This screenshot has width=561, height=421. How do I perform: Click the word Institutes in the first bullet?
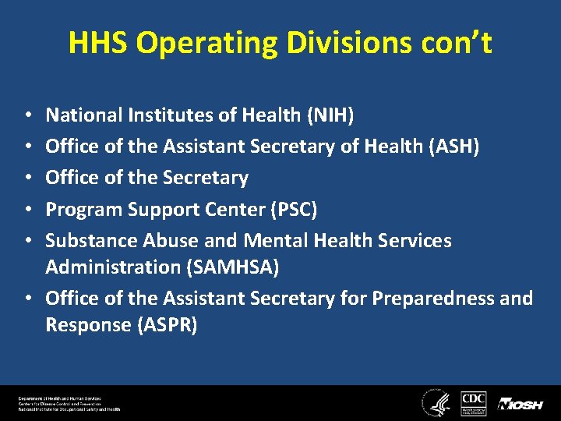click(166, 115)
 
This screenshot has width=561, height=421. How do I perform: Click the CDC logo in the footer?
click(474, 402)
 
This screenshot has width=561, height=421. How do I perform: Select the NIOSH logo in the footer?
click(520, 404)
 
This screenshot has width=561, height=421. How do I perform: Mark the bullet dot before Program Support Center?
click(28, 210)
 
